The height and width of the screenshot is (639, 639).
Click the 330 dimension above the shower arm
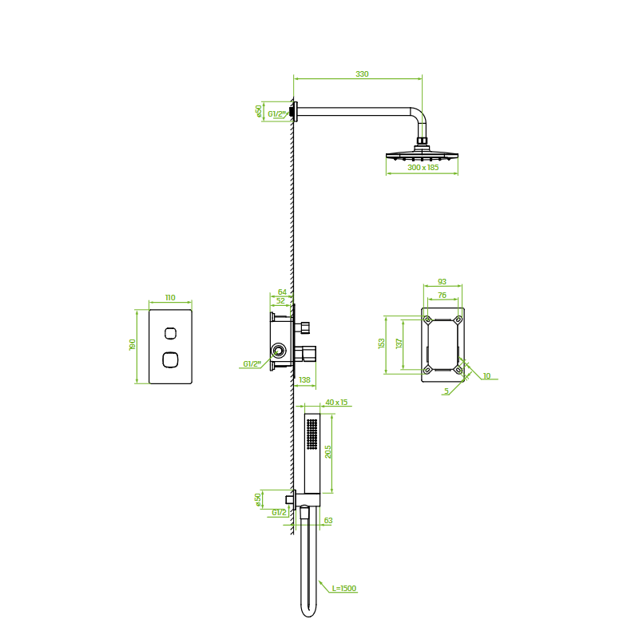(x=362, y=73)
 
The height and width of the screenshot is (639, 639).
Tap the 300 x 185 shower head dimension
(x=423, y=167)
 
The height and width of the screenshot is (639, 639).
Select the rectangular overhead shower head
(x=423, y=155)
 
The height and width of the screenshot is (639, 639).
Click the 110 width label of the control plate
(x=170, y=297)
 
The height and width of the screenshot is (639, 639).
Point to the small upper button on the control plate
(x=170, y=333)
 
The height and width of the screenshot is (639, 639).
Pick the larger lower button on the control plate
(x=170, y=359)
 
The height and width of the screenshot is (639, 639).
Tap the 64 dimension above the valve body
(x=282, y=292)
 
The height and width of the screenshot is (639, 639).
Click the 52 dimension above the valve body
(x=281, y=301)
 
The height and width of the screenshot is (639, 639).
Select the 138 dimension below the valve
(x=304, y=380)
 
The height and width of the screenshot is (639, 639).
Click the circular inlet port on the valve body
(x=279, y=351)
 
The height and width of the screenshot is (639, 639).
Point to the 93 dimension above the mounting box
(x=442, y=281)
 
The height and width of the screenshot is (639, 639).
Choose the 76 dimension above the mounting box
(x=442, y=295)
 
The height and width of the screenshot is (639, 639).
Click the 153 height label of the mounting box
(x=382, y=343)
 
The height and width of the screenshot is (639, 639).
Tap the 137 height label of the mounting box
(x=399, y=343)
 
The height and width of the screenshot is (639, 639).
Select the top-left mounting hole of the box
(x=427, y=319)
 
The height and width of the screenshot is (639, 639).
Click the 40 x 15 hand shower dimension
(x=336, y=403)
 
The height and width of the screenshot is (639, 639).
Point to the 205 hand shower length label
(x=328, y=452)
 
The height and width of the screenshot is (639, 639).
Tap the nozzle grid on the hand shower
(x=312, y=435)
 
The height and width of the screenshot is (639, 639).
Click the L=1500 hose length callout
(x=344, y=588)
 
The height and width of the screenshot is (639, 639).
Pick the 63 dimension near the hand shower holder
(x=328, y=521)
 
